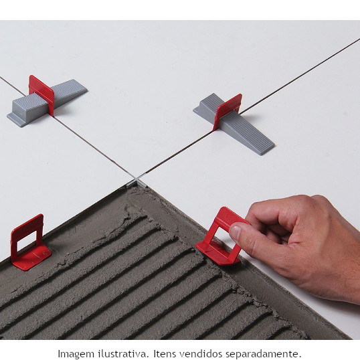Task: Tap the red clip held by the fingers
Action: pos(220,236)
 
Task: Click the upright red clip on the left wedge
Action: pos(41,94)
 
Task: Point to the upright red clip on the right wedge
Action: pos(228,111)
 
